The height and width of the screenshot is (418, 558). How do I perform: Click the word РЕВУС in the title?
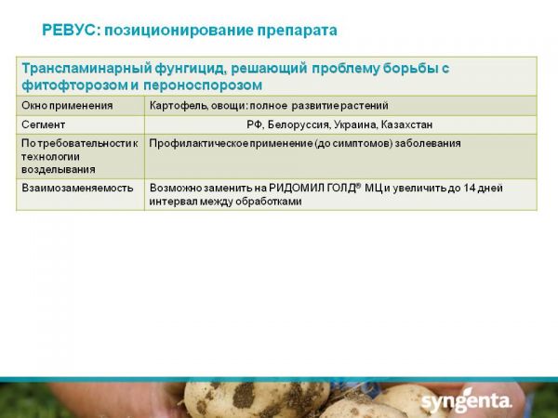(69, 31)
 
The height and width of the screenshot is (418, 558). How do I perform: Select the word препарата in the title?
(297, 31)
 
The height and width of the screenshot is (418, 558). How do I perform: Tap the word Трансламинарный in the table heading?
(86, 68)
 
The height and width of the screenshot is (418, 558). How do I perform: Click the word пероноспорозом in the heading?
(203, 85)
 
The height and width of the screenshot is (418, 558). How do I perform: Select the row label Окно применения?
(67, 106)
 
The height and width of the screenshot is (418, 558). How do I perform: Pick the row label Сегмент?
(43, 124)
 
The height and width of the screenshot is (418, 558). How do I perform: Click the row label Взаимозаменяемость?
(77, 188)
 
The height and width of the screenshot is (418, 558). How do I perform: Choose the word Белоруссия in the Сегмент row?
(299, 124)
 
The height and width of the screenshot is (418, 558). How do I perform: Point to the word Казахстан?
(406, 124)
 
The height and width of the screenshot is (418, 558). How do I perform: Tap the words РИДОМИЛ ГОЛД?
(312, 188)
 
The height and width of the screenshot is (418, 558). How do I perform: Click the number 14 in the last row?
(469, 188)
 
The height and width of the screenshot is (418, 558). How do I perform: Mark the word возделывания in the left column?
(59, 170)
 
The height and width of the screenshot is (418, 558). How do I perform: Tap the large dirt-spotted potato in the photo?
(257, 398)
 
